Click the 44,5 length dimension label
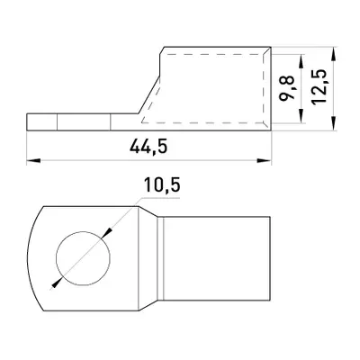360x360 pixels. (x=148, y=148)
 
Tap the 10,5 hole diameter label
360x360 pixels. (x=162, y=184)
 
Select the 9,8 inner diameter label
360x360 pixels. (x=287, y=88)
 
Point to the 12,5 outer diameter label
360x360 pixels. (x=319, y=87)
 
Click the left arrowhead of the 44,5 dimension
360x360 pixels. (x=33, y=161)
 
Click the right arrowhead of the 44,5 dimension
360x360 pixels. (x=265, y=161)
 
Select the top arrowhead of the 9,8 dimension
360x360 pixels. (x=301, y=61)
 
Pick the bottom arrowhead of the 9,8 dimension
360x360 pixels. (x=301, y=116)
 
